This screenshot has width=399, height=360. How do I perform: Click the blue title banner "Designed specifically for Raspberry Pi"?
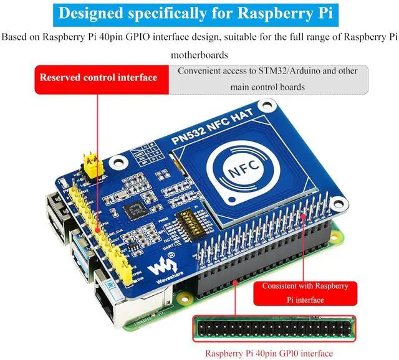(x=199, y=13)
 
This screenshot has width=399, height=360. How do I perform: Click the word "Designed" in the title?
(x=94, y=13)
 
